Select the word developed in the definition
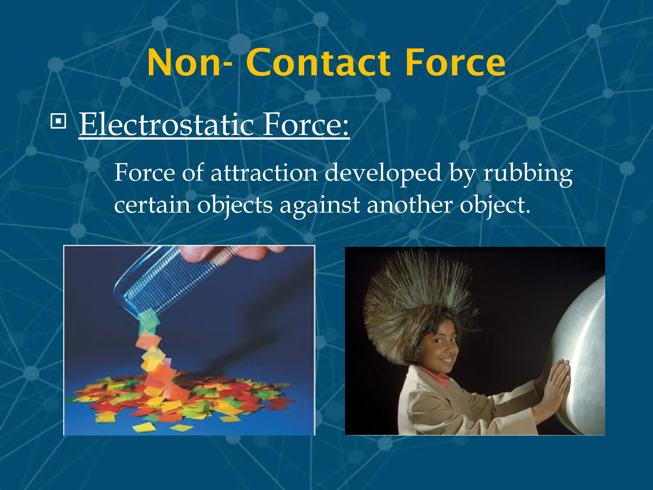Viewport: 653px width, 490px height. [x=383, y=173]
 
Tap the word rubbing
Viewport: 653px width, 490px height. [x=528, y=173]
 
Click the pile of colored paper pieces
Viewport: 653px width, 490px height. [x=179, y=399]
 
